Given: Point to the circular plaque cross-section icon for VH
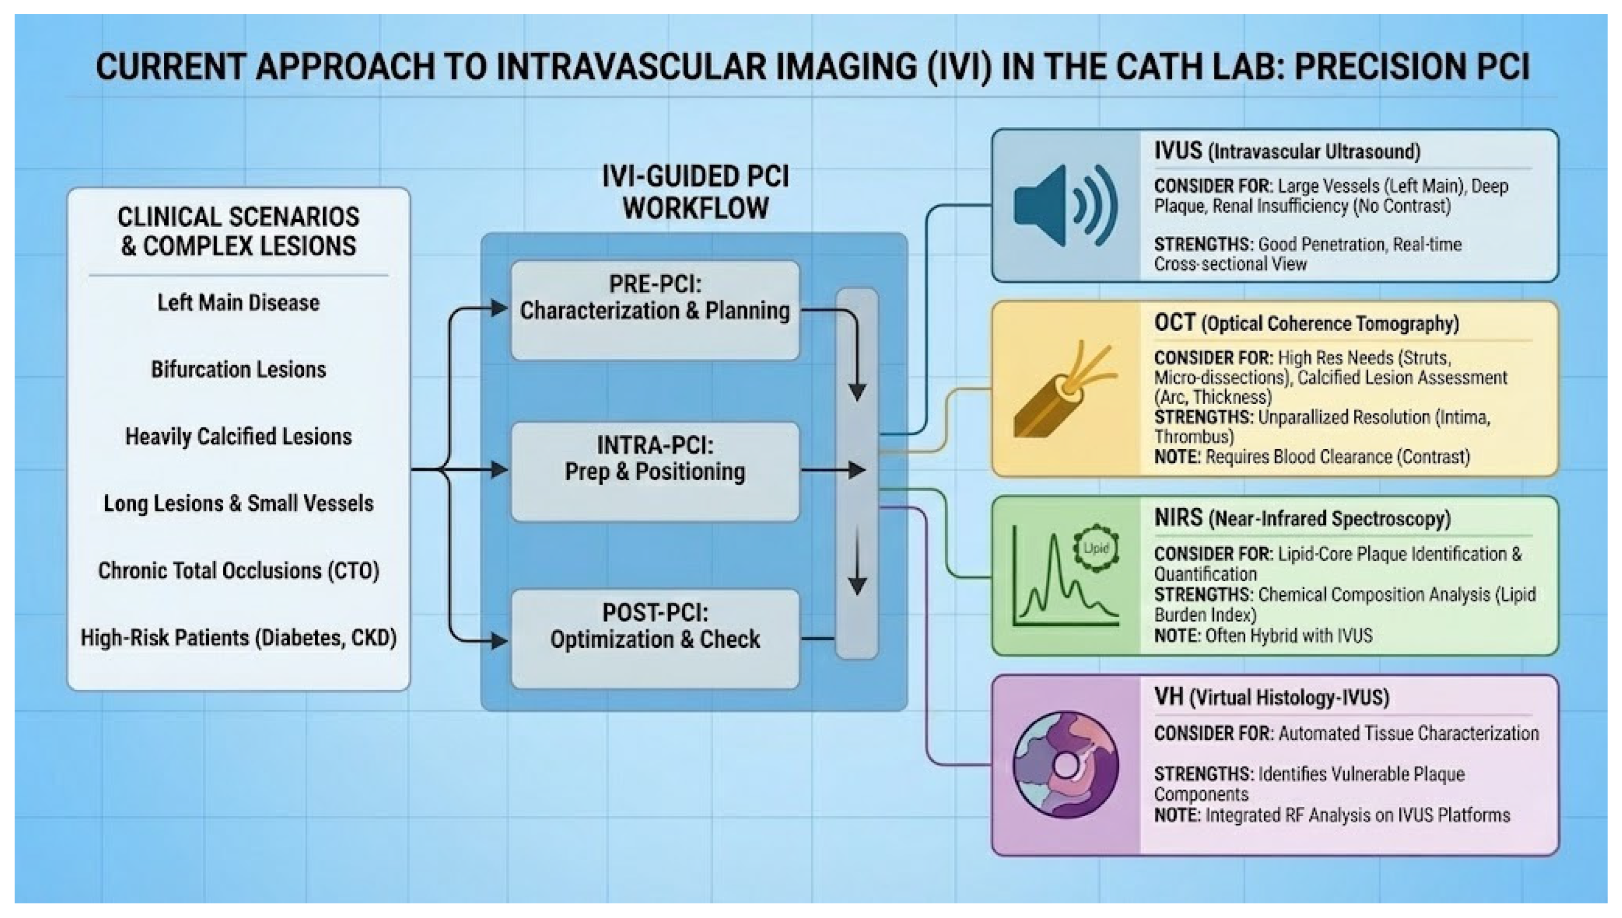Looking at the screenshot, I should [1066, 765].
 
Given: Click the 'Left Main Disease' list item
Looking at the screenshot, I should [238, 302].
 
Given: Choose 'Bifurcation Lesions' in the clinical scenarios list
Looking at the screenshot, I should [238, 369].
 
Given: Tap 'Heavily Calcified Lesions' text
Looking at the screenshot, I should [238, 436].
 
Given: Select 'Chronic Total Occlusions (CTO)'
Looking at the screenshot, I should [238, 571].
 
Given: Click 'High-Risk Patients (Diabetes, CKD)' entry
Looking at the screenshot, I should [238, 638].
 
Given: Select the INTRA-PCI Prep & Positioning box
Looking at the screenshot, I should [655, 471].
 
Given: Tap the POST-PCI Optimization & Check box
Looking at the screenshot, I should [655, 638].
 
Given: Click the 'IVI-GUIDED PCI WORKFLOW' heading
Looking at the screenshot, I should [695, 192].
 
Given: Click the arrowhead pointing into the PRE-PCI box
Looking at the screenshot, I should [499, 309].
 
